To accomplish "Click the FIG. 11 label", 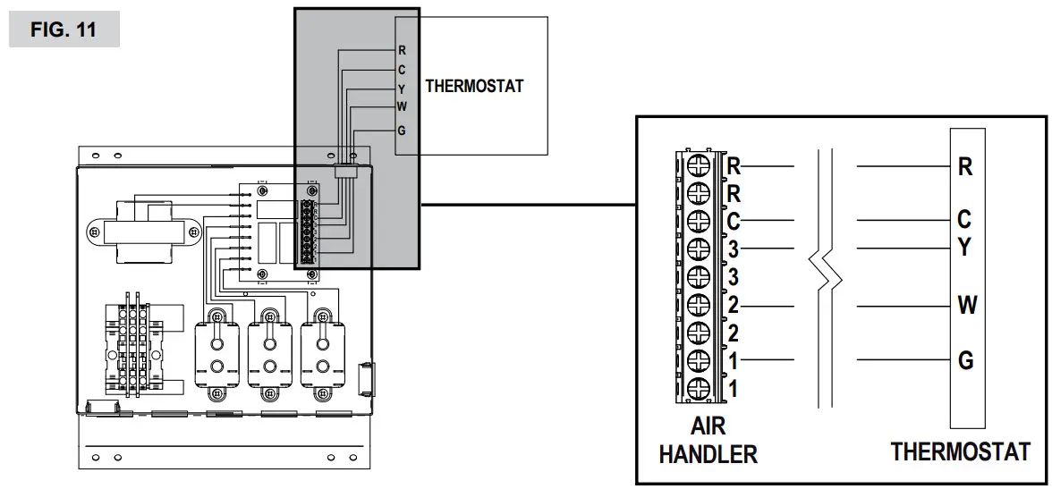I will coord(64,30).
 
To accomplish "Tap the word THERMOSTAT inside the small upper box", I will coord(473,87).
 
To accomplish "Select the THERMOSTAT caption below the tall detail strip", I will coord(960,451).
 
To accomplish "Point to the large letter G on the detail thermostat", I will coord(965,361).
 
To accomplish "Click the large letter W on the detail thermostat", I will coord(966,306).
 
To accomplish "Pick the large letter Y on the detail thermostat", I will coord(964,248).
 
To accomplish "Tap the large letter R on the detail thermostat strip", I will coord(965,166).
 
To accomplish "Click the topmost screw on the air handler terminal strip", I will coord(699,165).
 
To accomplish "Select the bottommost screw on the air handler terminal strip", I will coord(699,388).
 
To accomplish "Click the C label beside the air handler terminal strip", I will coord(734,220).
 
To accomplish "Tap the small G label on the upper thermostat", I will coord(402,131).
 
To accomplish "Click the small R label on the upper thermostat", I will coord(402,51).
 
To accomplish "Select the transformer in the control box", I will coord(143,231).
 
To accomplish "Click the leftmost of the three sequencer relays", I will coord(216,353).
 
